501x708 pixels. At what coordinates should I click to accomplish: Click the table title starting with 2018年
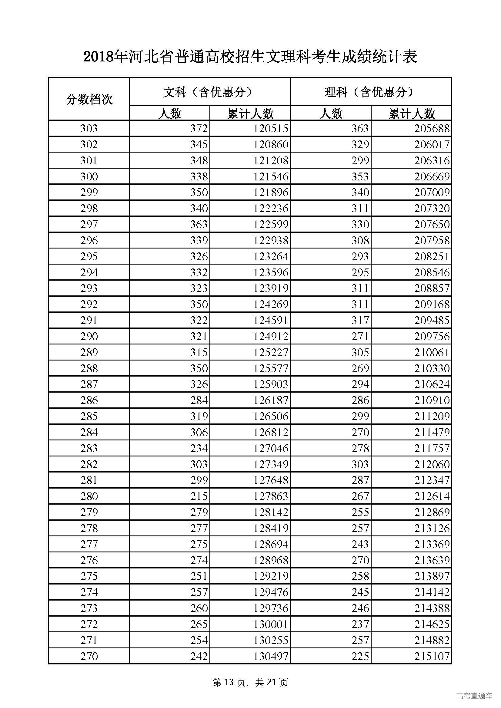(x=250, y=57)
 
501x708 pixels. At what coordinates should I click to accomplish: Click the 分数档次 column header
(x=89, y=99)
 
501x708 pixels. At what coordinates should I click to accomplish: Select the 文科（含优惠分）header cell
(x=210, y=92)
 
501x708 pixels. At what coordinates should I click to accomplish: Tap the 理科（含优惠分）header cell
(x=371, y=92)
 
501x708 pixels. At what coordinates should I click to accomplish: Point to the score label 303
(x=89, y=129)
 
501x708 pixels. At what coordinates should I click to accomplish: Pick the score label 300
(x=89, y=177)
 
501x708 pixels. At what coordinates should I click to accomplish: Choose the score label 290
(x=89, y=336)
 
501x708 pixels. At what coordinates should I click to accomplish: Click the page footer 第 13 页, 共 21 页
(x=250, y=682)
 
